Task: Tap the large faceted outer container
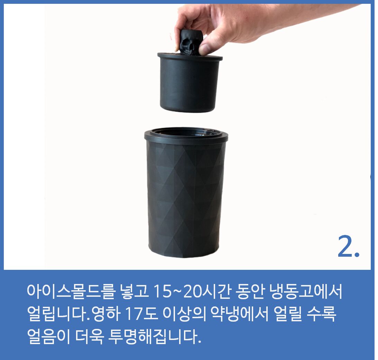point(186,193)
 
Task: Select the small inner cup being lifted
point(190,83)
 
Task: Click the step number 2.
point(348,246)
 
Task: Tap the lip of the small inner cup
point(190,57)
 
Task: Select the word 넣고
point(133,292)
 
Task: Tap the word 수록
point(322,314)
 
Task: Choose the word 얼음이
point(48,336)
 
